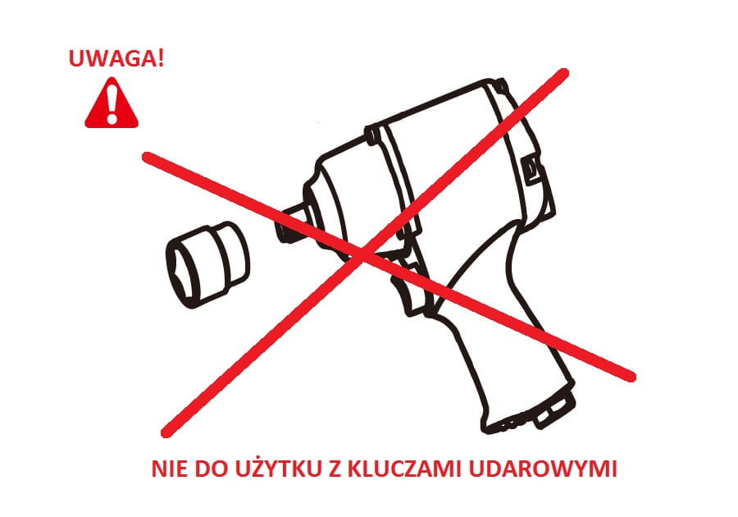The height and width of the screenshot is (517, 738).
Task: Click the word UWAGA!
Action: coord(116,58)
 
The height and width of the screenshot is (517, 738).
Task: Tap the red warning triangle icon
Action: coord(112,103)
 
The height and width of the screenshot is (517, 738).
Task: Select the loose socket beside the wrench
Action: coord(207,264)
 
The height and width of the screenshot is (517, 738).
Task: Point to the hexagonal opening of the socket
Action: coord(183,273)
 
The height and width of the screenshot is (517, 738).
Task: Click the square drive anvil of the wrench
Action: coord(289,225)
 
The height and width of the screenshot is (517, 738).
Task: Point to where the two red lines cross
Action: coord(363,254)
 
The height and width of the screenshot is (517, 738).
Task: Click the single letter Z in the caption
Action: coord(335,469)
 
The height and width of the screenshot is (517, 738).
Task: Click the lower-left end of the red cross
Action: coord(166,432)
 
